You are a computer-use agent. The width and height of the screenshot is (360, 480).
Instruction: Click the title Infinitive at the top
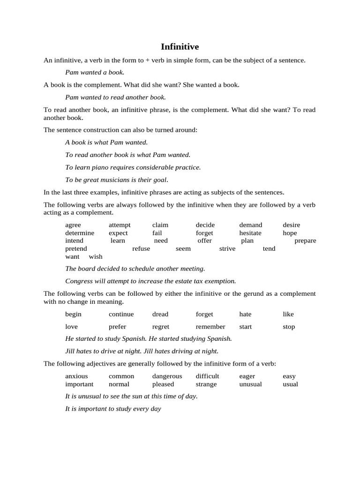pos(180,46)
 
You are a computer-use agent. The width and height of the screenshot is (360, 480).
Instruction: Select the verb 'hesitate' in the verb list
pos(250,233)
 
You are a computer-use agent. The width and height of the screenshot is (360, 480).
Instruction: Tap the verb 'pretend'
pos(76,248)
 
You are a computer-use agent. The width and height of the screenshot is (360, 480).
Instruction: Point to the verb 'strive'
pos(227,248)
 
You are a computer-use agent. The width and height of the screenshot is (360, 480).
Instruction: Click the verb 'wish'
pos(96,256)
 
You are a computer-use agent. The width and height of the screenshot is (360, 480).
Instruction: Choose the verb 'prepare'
pos(305,240)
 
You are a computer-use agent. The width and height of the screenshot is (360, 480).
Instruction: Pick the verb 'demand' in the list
pos(251,225)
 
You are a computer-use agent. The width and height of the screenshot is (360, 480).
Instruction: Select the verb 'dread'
pos(160,314)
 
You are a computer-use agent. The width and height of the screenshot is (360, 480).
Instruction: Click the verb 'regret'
pos(161,327)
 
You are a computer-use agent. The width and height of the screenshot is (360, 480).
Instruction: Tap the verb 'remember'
pos(210,327)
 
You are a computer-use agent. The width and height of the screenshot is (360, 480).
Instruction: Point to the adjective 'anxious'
pos(76,376)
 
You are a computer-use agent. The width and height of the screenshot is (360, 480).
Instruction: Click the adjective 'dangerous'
pos(167,376)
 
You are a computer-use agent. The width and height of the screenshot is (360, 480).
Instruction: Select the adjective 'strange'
pos(206,384)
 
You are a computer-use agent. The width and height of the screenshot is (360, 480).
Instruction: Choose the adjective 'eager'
pos(247,376)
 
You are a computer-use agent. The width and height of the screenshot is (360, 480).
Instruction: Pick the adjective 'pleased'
pos(163,384)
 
